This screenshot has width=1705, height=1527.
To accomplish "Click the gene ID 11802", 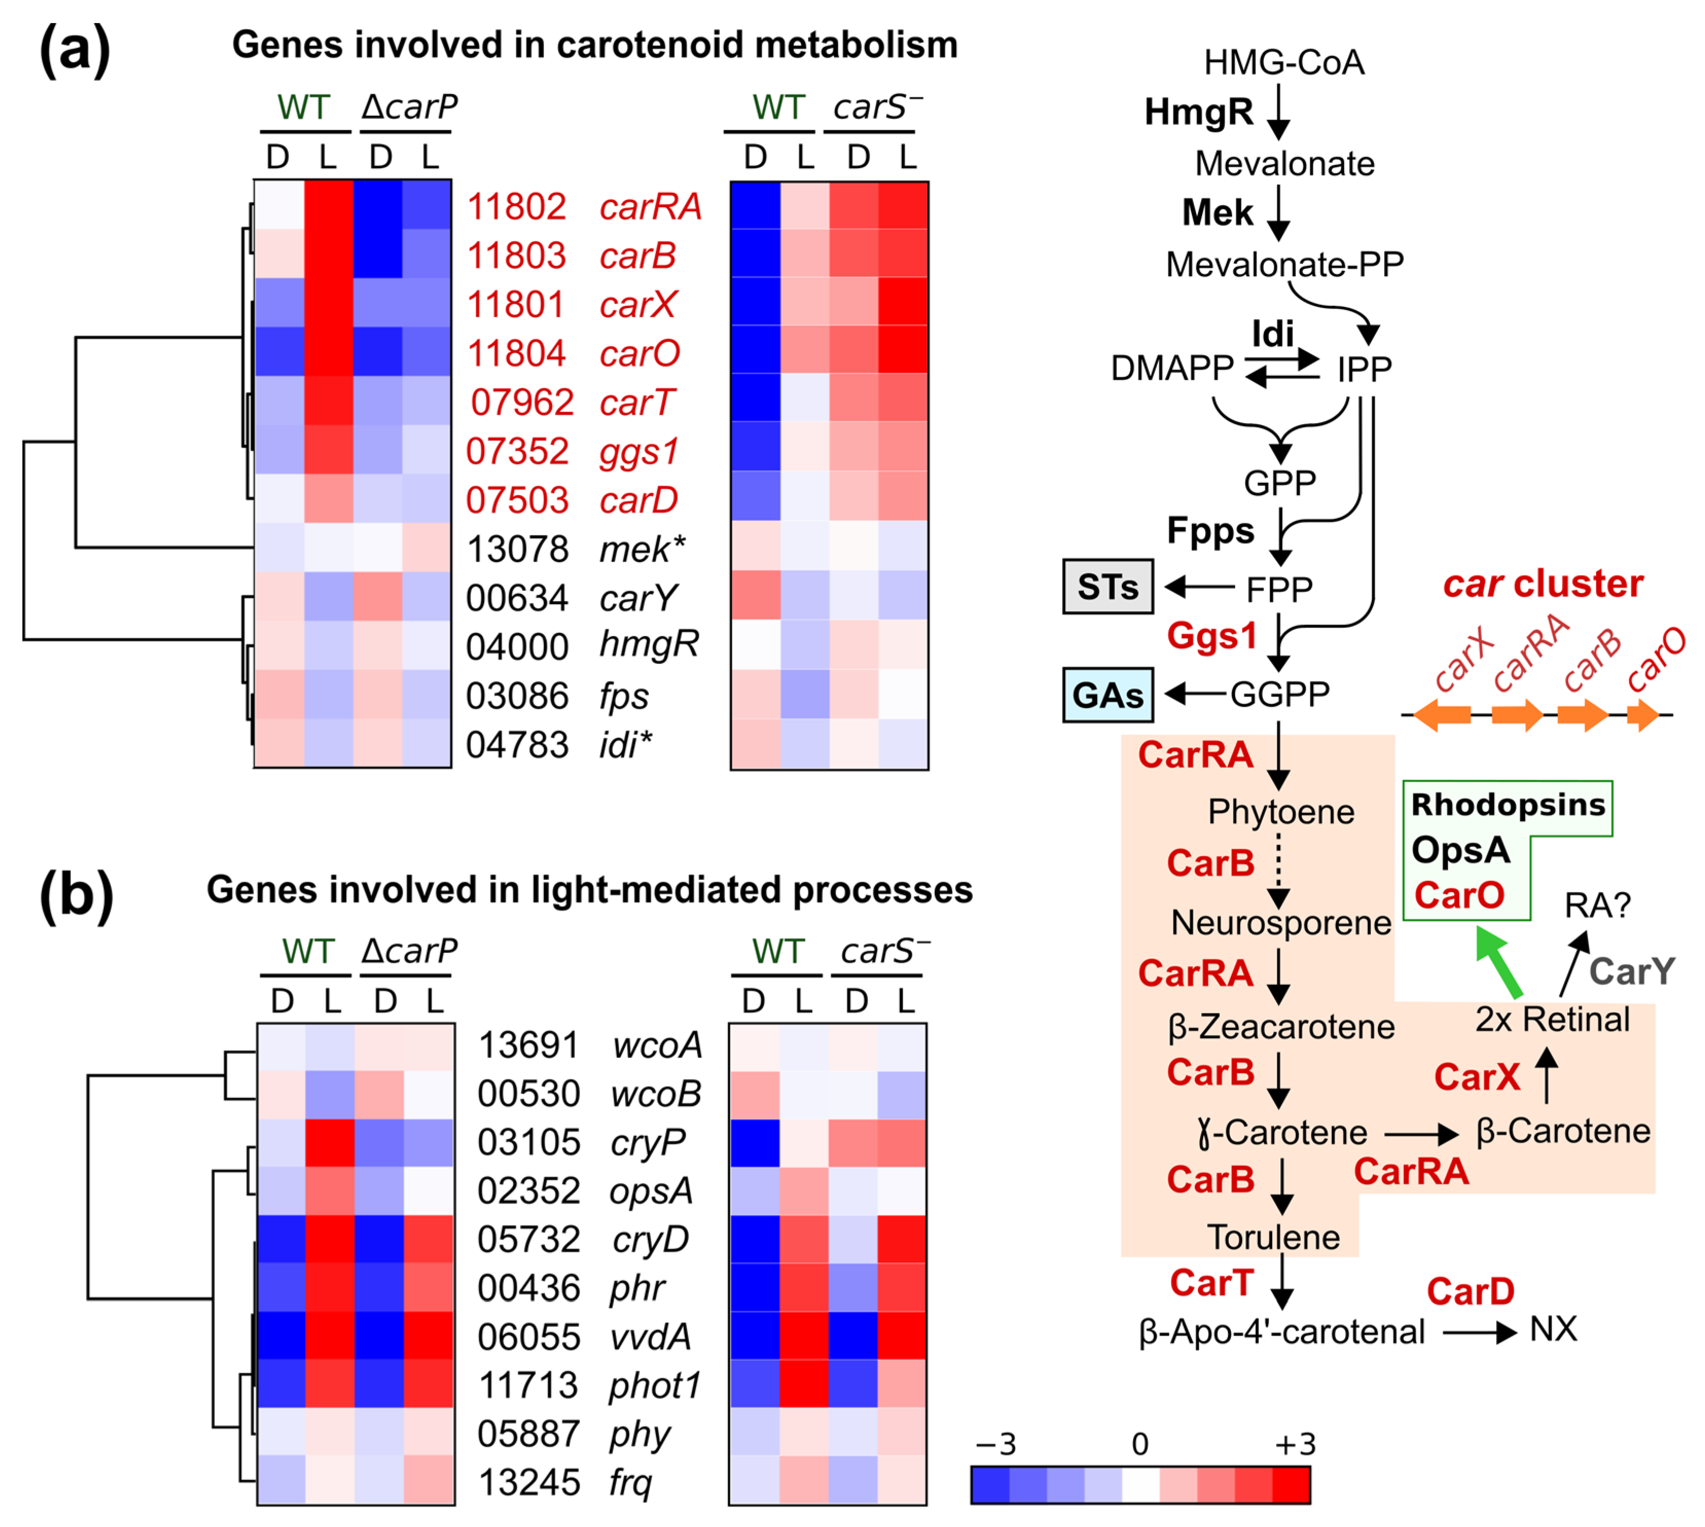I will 516,206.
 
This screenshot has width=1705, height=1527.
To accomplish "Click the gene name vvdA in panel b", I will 650,1337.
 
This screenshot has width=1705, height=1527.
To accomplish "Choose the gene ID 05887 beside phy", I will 529,1434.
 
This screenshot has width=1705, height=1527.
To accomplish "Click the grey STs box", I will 1108,587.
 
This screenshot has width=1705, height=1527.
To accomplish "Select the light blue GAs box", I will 1108,695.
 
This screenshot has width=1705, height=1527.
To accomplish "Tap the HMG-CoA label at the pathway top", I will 1284,62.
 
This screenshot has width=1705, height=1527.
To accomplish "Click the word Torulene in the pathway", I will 1273,1237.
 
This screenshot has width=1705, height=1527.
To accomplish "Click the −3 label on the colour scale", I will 996,1444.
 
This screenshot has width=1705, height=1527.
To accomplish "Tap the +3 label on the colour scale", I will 1295,1444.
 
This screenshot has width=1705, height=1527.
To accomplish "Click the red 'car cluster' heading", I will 1542,583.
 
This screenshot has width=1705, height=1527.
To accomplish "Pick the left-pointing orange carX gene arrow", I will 1442,715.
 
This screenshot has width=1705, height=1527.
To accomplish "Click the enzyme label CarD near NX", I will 1470,1291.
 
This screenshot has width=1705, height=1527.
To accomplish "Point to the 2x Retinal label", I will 1552,1020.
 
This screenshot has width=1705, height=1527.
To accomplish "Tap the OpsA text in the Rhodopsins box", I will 1460,850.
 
